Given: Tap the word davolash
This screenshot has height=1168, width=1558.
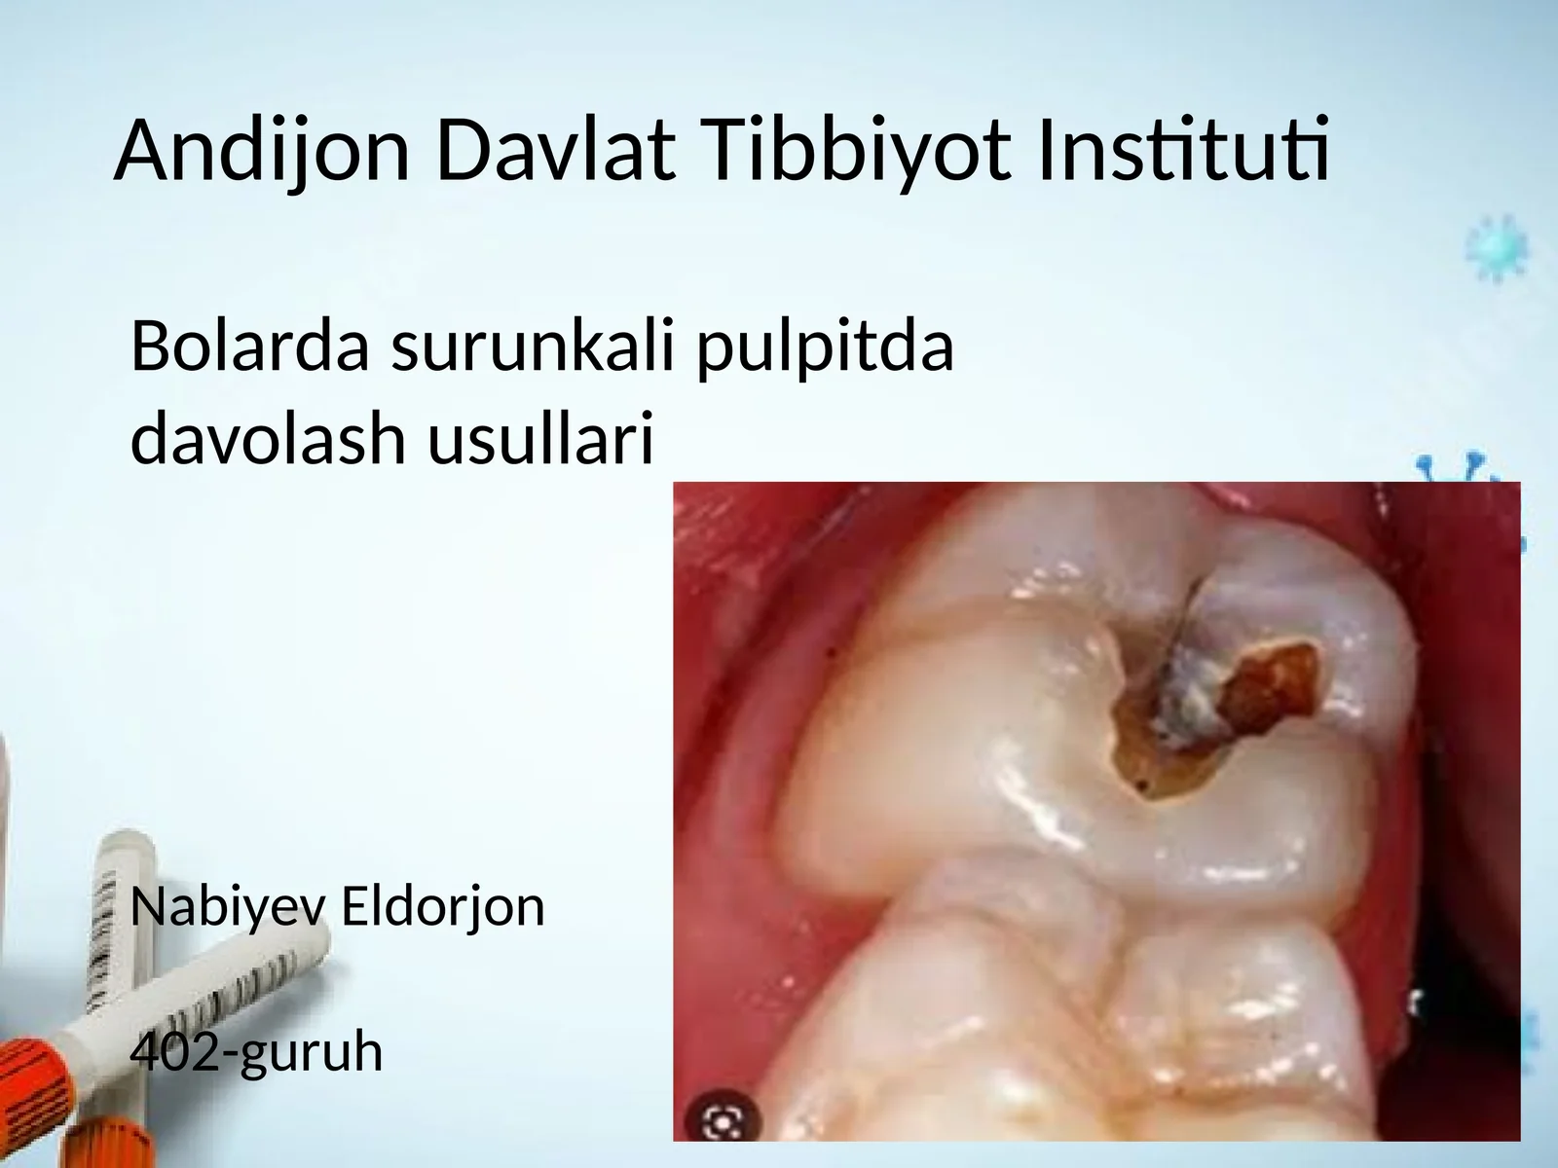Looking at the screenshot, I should coord(267,437).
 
